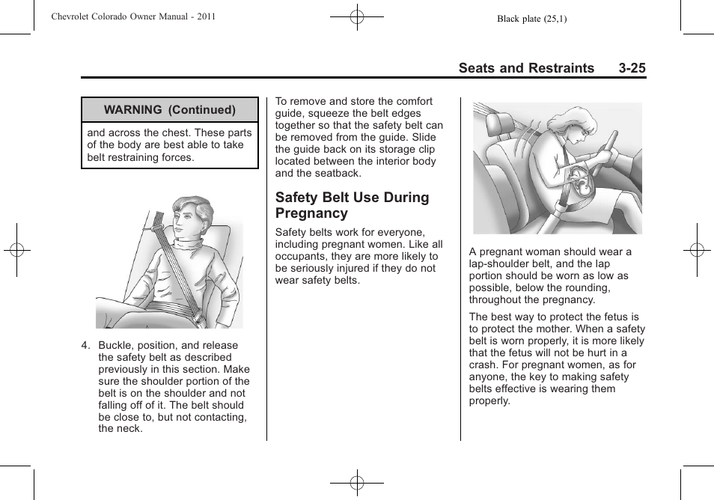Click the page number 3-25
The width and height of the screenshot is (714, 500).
pyautogui.click(x=632, y=68)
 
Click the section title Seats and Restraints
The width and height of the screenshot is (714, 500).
pyautogui.click(x=526, y=68)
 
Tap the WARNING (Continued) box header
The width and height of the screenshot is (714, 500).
pyautogui.click(x=170, y=109)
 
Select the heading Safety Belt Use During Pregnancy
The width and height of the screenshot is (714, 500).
pyautogui.click(x=352, y=205)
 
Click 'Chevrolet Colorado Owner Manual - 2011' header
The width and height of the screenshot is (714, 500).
pyautogui.click(x=133, y=16)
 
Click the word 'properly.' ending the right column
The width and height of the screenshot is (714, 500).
pyautogui.click(x=489, y=400)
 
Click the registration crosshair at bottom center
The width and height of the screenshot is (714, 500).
pyautogui.click(x=357, y=483)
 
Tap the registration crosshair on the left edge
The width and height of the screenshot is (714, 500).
pyautogui.click(x=16, y=249)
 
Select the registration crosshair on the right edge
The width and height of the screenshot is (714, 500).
pyautogui.click(x=697, y=249)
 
